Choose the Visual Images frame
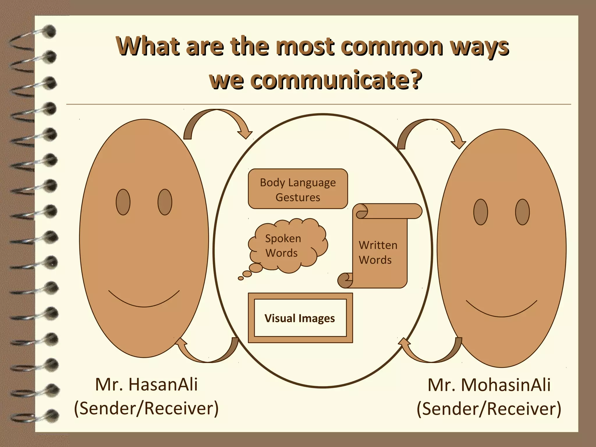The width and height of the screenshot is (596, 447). pos(300,318)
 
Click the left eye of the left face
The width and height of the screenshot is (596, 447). pos(123,202)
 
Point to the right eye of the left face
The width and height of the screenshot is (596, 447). pos(165,202)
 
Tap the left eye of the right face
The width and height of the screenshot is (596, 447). pos(480,212)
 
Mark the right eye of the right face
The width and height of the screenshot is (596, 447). pos(522,212)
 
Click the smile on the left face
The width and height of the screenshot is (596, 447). pos(144,303)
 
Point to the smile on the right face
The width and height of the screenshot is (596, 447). pos(501,313)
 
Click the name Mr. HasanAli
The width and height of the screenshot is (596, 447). pos(146,384)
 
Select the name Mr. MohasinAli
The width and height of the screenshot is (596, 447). pos(489,385)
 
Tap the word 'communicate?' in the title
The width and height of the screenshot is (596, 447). pos(316,80)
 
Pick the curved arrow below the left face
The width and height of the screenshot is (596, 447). pos(208,354)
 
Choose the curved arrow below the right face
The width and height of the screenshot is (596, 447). pos(431,354)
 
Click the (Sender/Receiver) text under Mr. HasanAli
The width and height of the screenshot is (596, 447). pos(146,408)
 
